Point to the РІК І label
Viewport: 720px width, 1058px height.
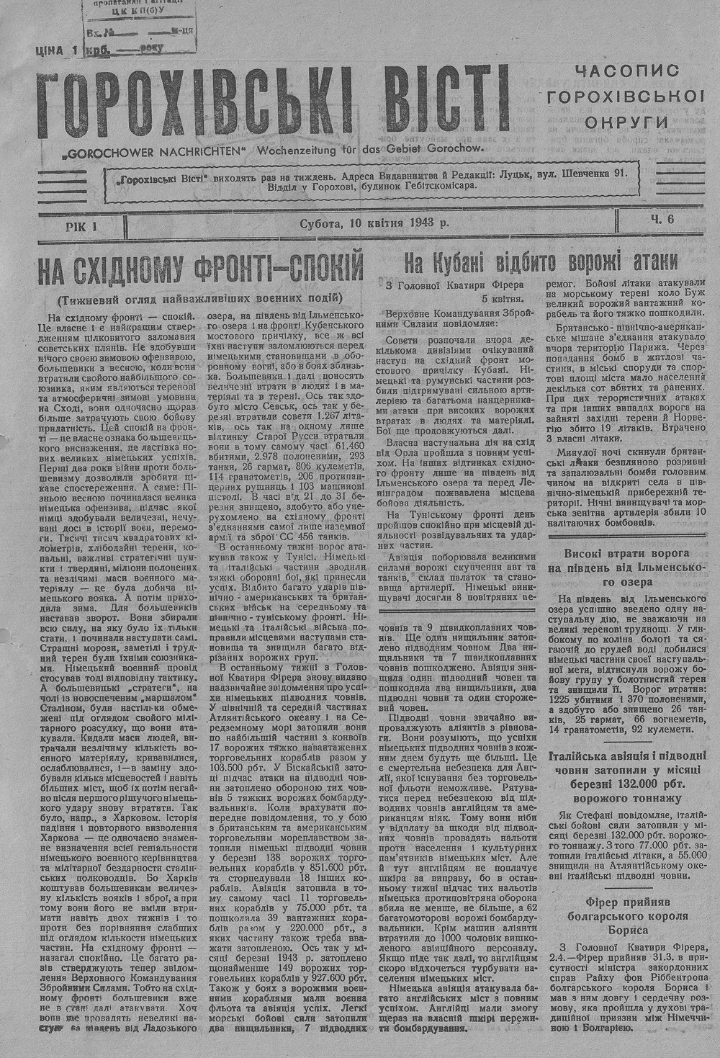click(80, 226)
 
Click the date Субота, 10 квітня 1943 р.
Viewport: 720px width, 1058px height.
click(375, 223)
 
